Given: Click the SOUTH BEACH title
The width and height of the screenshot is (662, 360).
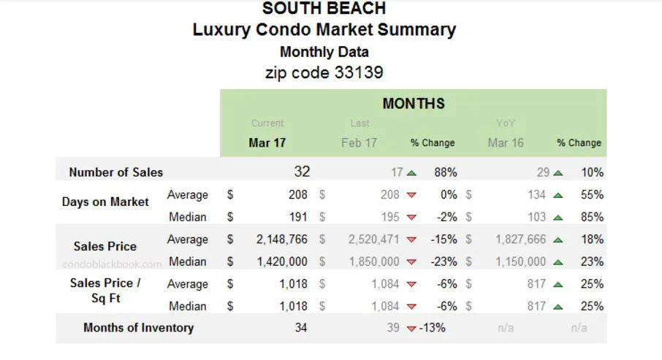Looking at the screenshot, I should click(x=324, y=9).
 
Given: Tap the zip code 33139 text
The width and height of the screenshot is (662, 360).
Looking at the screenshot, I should click(x=324, y=72).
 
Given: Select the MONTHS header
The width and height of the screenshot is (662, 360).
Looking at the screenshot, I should click(x=413, y=104).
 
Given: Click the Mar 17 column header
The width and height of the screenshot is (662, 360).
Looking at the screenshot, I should click(x=267, y=142).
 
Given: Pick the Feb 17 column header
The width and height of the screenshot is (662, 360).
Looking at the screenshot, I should click(x=359, y=142).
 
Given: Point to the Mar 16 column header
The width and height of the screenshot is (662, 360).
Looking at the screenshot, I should click(x=506, y=142).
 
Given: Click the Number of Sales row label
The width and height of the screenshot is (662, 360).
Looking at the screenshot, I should click(x=115, y=172).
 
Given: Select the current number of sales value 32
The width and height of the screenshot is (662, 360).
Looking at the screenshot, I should click(x=302, y=172).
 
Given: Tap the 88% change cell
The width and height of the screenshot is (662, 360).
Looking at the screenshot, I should click(x=445, y=172).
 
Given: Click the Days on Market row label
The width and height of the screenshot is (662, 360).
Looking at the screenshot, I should click(x=105, y=202).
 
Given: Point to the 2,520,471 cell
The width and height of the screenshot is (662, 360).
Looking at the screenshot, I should click(x=374, y=240).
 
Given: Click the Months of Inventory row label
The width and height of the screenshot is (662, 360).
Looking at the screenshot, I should click(x=138, y=327).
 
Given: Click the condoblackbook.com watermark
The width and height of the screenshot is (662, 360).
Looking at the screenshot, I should click(x=113, y=264).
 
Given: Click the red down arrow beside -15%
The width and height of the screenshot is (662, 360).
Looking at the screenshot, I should click(x=411, y=240).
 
